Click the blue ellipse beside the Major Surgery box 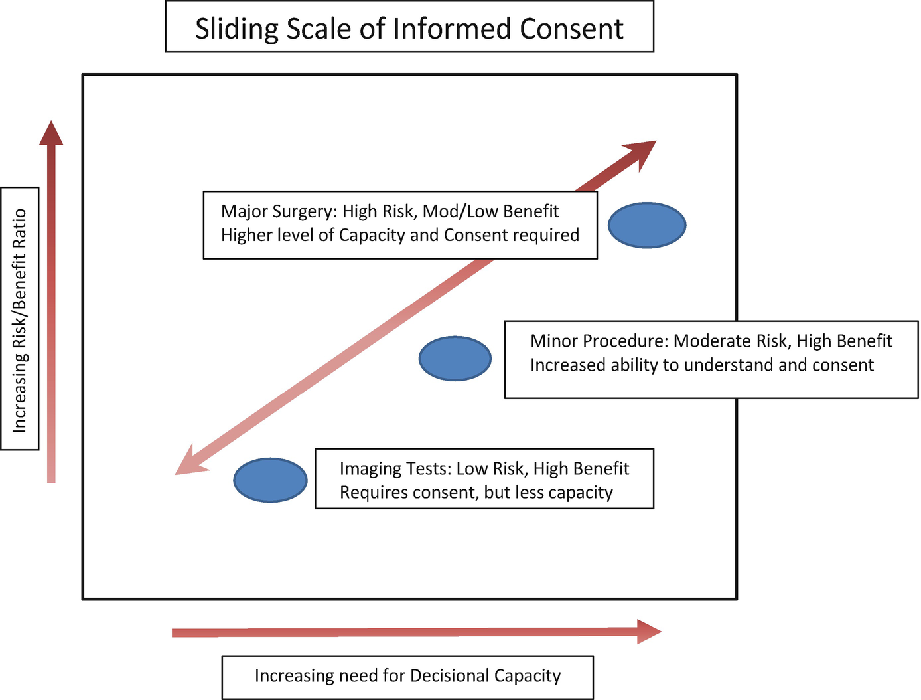[647, 226]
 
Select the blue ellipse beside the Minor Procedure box [455, 359]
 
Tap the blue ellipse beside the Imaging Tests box [271, 480]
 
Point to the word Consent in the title [571, 29]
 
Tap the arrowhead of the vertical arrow [51, 133]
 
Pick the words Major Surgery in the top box [278, 211]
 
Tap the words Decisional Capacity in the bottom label [485, 676]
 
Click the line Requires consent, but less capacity [476, 493]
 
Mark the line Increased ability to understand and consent [701, 365]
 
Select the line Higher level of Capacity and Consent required [399, 235]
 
